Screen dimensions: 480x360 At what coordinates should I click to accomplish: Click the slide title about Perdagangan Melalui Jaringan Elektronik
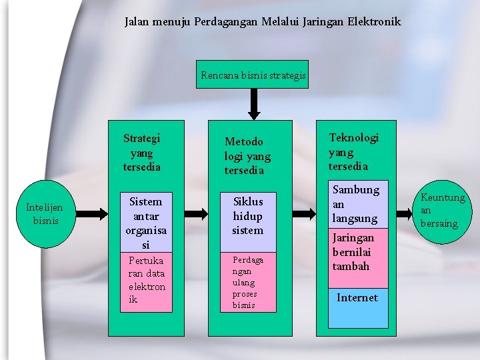[262, 22]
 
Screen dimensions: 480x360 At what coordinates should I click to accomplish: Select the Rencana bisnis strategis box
[253, 75]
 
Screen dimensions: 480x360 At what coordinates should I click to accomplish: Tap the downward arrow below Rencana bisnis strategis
[253, 104]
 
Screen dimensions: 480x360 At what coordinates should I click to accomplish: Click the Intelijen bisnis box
[44, 214]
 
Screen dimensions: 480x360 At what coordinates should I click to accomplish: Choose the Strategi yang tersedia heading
[141, 153]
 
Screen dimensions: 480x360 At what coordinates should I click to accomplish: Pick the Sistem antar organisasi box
[146, 223]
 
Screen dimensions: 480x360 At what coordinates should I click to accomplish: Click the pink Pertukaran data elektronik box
[146, 281]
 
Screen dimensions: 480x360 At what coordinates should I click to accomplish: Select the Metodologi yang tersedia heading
[247, 155]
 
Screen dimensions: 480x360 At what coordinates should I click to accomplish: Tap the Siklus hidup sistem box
[247, 216]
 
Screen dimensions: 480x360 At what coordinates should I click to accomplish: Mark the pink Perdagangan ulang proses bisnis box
[247, 281]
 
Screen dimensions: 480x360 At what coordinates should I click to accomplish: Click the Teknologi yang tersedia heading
[353, 151]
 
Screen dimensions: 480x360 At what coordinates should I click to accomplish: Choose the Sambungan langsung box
[355, 204]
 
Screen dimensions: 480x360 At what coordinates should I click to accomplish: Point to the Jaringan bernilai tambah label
[353, 252]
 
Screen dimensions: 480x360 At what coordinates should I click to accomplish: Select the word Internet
[357, 298]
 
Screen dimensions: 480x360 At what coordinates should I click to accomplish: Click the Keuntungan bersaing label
[442, 210]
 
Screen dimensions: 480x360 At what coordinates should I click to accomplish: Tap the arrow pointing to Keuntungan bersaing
[405, 214]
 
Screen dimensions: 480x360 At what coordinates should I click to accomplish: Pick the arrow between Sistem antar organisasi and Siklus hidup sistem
[196, 214]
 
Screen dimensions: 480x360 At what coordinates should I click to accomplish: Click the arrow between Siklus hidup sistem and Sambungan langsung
[304, 214]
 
